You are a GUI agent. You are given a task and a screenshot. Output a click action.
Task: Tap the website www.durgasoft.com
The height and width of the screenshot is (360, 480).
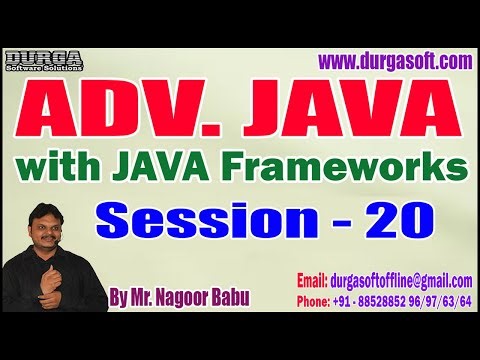coord(394,62)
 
